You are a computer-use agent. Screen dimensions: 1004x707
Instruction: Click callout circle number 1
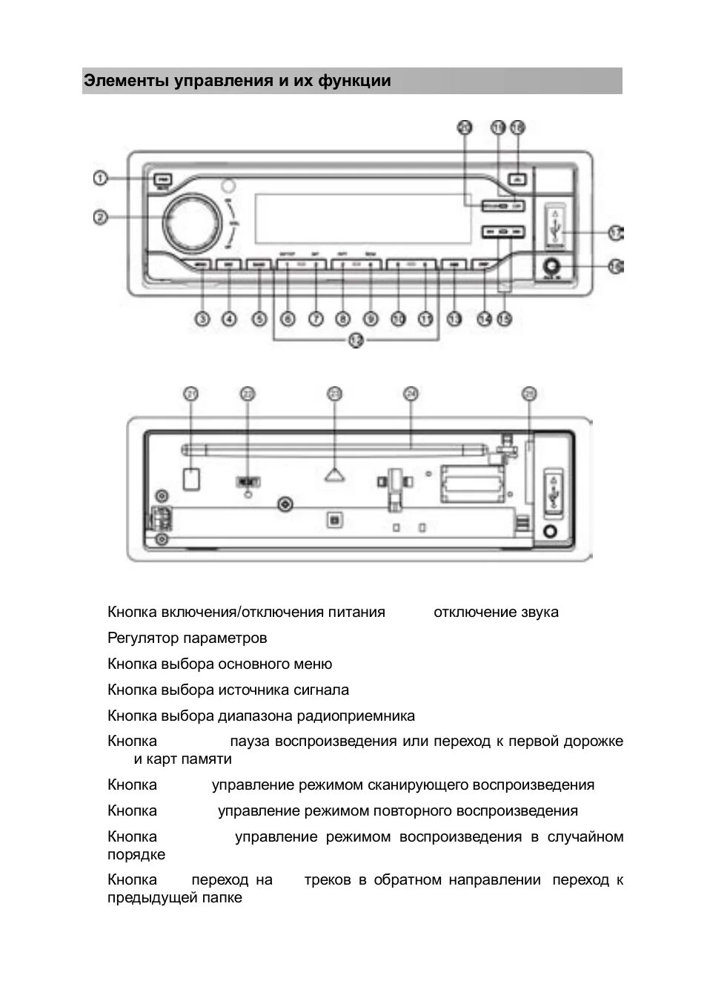click(101, 178)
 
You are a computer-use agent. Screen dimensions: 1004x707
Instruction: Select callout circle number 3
click(202, 319)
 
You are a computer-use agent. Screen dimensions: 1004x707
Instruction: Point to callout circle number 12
click(356, 342)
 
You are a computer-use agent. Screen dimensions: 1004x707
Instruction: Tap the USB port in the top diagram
click(555, 224)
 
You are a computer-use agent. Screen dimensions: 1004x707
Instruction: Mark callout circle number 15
click(505, 319)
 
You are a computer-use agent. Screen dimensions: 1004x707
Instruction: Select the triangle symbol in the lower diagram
click(335, 474)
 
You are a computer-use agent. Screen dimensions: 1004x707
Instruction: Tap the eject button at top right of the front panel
click(519, 179)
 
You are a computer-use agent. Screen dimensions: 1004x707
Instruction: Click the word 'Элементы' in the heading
click(126, 81)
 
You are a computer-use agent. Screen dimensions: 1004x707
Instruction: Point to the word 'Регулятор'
click(143, 638)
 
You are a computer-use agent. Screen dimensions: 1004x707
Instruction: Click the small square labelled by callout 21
click(191, 479)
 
